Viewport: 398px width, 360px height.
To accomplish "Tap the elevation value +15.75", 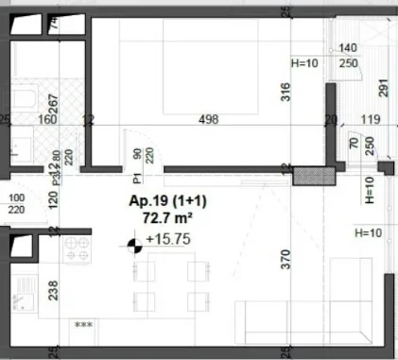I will [168, 239].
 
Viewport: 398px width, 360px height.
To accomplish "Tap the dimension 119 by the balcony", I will [370, 120].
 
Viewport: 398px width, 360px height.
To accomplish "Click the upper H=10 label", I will [304, 62].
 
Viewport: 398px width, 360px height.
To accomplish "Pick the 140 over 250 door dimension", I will [348, 55].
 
